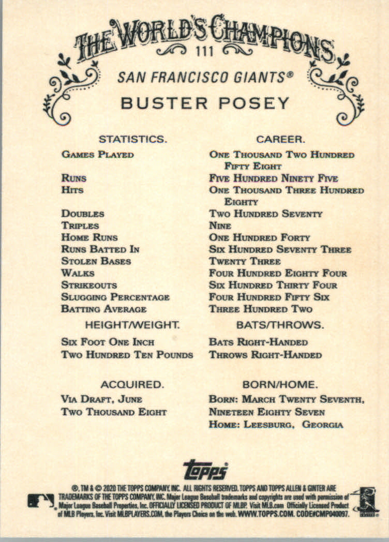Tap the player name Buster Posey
tap(205, 103)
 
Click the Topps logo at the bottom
tap(205, 469)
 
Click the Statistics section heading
tap(132, 139)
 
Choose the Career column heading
tap(281, 139)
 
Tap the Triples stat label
tap(80, 226)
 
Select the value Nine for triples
tap(220, 226)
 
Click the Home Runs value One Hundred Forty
tap(259, 238)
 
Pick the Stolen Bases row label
tap(96, 261)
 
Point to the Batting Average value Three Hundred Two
tap(261, 309)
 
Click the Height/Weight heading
tap(132, 325)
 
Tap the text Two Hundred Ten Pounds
tap(127, 355)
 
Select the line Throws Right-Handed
tap(265, 355)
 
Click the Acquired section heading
tap(132, 384)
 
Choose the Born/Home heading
tap(280, 384)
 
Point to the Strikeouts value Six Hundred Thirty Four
tap(273, 285)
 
